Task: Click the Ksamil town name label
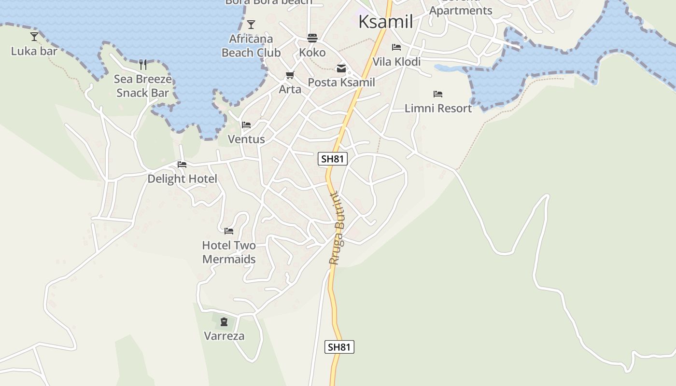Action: click(385, 22)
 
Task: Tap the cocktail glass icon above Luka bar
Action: click(34, 36)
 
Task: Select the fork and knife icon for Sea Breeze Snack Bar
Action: click(143, 64)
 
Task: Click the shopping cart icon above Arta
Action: click(290, 75)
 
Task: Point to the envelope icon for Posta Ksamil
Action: click(341, 69)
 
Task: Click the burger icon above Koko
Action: click(312, 38)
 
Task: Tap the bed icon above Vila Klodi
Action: click(396, 47)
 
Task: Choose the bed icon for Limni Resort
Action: click(438, 94)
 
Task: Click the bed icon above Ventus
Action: click(246, 125)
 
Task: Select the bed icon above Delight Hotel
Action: click(182, 165)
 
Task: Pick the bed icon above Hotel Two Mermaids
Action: click(229, 231)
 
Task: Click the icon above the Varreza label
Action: click(224, 321)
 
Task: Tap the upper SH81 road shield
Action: click(333, 159)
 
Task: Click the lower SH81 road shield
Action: click(339, 347)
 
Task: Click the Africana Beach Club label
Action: click(251, 45)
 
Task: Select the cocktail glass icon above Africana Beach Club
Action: click(251, 25)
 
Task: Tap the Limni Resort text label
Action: click(438, 108)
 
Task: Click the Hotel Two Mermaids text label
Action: click(229, 252)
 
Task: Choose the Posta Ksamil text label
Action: click(341, 83)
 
